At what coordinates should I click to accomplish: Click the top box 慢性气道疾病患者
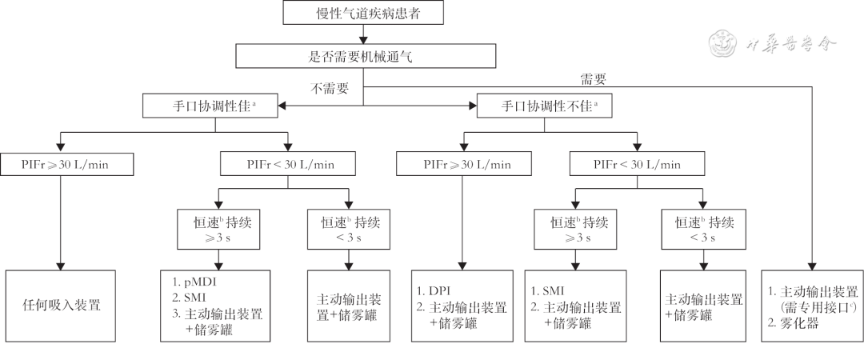(363, 14)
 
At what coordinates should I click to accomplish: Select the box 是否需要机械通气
(363, 56)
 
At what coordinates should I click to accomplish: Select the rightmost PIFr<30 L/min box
(638, 165)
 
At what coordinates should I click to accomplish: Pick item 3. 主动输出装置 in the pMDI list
(220, 314)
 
